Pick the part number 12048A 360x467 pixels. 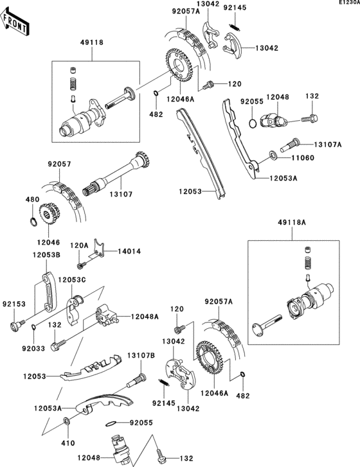(147, 316)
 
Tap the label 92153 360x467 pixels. (12, 305)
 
